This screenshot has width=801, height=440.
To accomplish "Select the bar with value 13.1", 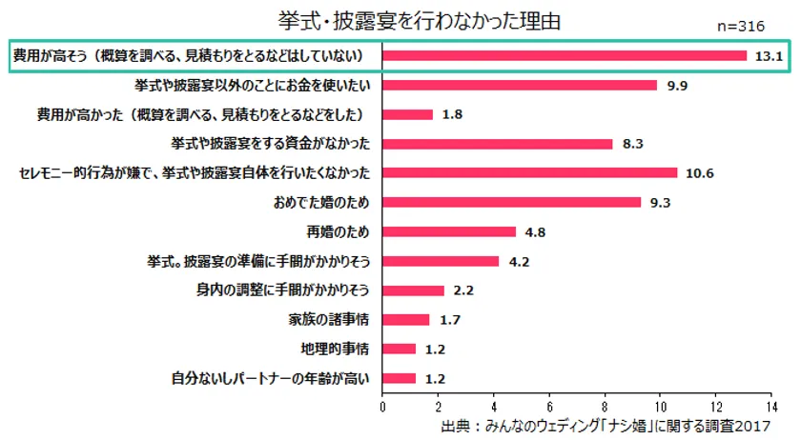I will (x=564, y=55).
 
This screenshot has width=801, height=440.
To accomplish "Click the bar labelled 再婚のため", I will (x=448, y=231).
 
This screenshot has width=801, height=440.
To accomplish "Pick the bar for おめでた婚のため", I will (x=511, y=202).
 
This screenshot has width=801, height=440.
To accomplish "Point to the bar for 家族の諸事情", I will (x=405, y=319).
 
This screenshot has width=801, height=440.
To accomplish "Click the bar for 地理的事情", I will (x=399, y=349).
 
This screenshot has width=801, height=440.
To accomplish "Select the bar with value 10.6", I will (x=529, y=172).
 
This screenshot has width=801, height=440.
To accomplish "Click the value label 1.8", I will (x=451, y=114).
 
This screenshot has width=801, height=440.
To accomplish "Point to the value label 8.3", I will (x=632, y=144).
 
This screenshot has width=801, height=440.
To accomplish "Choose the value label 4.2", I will (x=519, y=261).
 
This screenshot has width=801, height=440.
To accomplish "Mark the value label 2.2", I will (x=463, y=290).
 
